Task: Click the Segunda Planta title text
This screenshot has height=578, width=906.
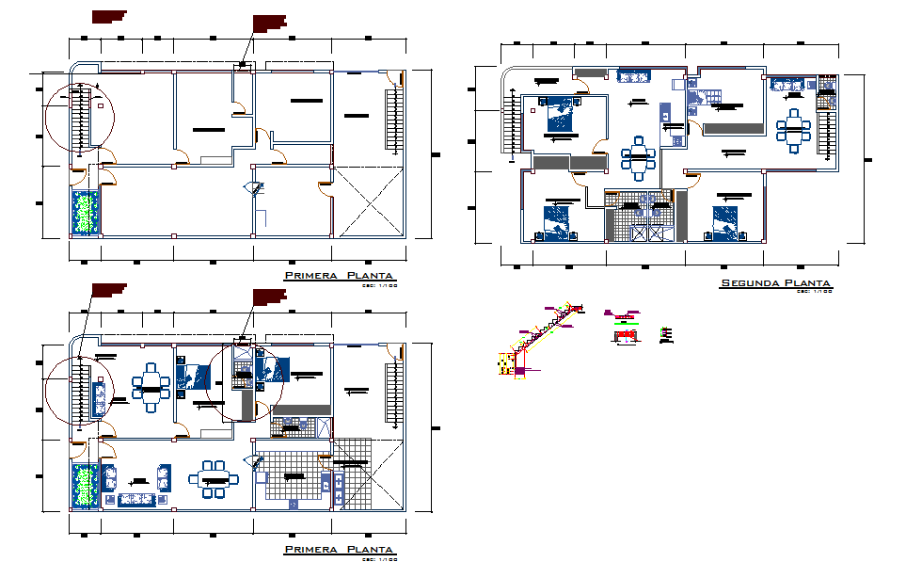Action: click(775, 282)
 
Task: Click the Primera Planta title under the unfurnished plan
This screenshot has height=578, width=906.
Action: click(340, 275)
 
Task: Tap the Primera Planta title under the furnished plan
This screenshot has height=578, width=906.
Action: click(340, 549)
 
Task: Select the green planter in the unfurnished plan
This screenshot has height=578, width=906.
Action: click(86, 212)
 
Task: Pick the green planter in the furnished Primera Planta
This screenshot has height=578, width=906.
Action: click(86, 486)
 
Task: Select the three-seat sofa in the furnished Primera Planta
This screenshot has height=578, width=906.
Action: click(131, 499)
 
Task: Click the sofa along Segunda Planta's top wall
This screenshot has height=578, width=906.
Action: click(632, 75)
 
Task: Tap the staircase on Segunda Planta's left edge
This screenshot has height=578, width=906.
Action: click(513, 127)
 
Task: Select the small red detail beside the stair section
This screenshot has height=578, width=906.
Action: click(625, 333)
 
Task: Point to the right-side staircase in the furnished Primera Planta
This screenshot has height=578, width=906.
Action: click(390, 393)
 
